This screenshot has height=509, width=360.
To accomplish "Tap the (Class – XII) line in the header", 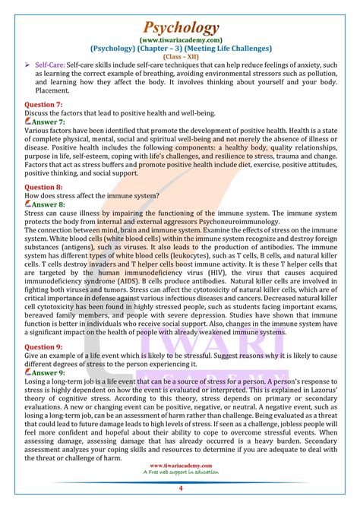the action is click(x=180, y=55).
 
